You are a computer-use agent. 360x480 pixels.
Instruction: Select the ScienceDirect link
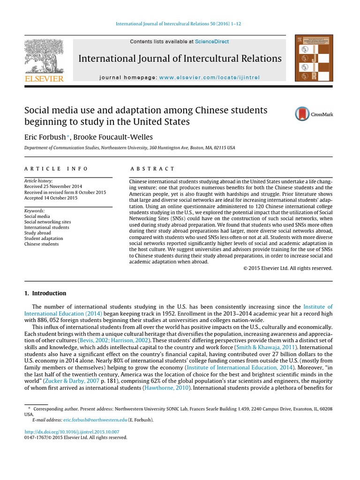coord(212,42)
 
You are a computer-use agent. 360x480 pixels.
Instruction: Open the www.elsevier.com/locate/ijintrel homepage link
coord(209,77)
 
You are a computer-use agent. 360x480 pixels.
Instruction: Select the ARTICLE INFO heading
coord(56,169)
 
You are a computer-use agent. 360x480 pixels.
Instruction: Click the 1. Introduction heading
coord(45,293)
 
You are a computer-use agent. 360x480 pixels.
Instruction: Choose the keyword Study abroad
coord(37,233)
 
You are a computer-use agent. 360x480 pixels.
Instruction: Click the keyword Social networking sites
coord(47,222)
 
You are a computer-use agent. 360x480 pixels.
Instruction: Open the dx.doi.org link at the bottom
coord(71,431)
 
